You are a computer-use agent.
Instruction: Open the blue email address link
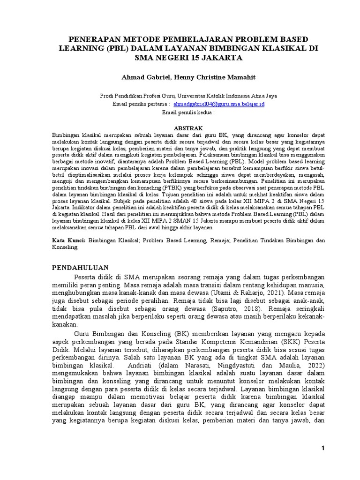click(219, 104)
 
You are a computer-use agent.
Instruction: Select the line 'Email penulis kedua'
click(187, 113)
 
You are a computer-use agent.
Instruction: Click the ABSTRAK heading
click(188, 127)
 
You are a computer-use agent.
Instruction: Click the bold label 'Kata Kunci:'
click(68, 240)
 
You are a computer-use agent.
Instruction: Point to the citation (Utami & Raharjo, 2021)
click(241, 292)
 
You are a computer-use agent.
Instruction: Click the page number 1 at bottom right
click(323, 449)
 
